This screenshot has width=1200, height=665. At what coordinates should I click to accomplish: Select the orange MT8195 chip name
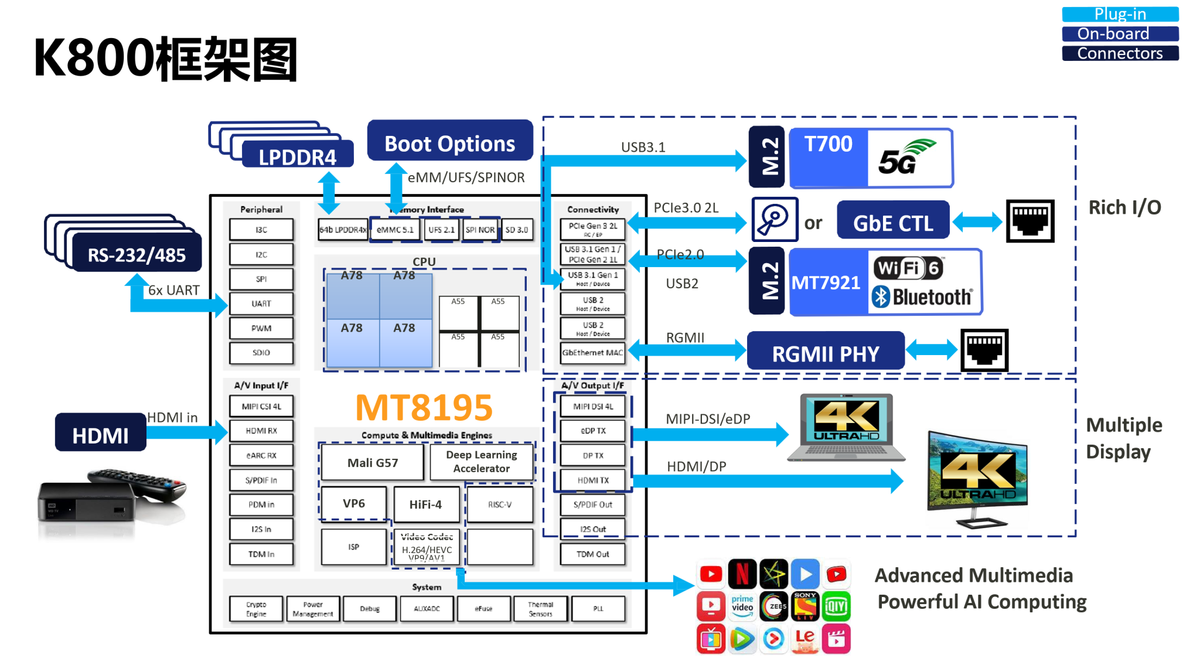(x=424, y=407)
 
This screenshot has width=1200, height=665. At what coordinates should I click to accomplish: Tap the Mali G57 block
(x=372, y=463)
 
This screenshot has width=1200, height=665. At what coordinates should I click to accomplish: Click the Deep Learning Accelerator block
(x=481, y=462)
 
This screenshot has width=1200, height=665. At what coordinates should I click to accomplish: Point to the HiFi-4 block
(x=425, y=504)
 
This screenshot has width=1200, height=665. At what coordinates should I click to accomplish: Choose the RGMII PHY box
(x=825, y=353)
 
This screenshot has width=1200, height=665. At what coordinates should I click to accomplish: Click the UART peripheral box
(x=261, y=303)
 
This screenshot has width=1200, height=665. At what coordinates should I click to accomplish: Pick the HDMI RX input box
(x=261, y=431)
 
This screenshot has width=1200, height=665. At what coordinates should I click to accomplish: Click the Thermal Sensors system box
(x=540, y=609)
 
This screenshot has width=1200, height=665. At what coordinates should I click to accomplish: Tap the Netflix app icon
(x=742, y=574)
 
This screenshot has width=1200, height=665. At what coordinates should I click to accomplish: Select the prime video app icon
(x=742, y=606)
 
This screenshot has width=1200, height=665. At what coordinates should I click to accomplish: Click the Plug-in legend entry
(x=1120, y=14)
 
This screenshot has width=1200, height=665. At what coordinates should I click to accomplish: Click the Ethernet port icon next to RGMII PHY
(x=984, y=350)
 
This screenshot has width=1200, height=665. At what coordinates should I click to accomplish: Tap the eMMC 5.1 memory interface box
(x=395, y=230)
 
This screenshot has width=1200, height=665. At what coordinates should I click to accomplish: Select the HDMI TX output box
(x=593, y=480)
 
